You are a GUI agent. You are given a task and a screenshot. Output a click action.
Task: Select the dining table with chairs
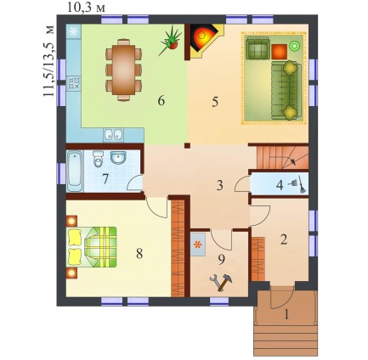[123, 70]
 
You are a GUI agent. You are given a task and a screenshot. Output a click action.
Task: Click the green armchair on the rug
[258, 48]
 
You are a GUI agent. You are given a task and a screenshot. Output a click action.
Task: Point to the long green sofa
[286, 90]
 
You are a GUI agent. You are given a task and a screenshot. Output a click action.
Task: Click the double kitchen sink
[114, 135]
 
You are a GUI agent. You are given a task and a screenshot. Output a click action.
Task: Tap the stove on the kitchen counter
[74, 83]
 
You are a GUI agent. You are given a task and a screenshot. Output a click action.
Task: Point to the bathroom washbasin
[119, 157]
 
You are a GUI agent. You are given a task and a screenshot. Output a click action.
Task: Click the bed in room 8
[92, 247]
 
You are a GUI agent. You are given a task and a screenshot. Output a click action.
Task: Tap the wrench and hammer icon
[221, 282]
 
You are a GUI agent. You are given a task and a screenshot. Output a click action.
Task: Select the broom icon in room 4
[297, 185]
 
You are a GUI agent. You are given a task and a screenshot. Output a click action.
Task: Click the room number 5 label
[215, 102]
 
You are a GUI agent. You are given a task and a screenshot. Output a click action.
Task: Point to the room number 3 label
[220, 186]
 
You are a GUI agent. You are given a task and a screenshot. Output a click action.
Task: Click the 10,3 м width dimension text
[86, 8]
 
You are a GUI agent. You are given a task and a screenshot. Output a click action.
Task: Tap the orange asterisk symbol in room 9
[198, 245]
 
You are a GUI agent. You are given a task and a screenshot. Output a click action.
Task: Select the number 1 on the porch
[286, 314]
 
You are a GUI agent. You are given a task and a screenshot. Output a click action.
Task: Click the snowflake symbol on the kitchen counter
[73, 31]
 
